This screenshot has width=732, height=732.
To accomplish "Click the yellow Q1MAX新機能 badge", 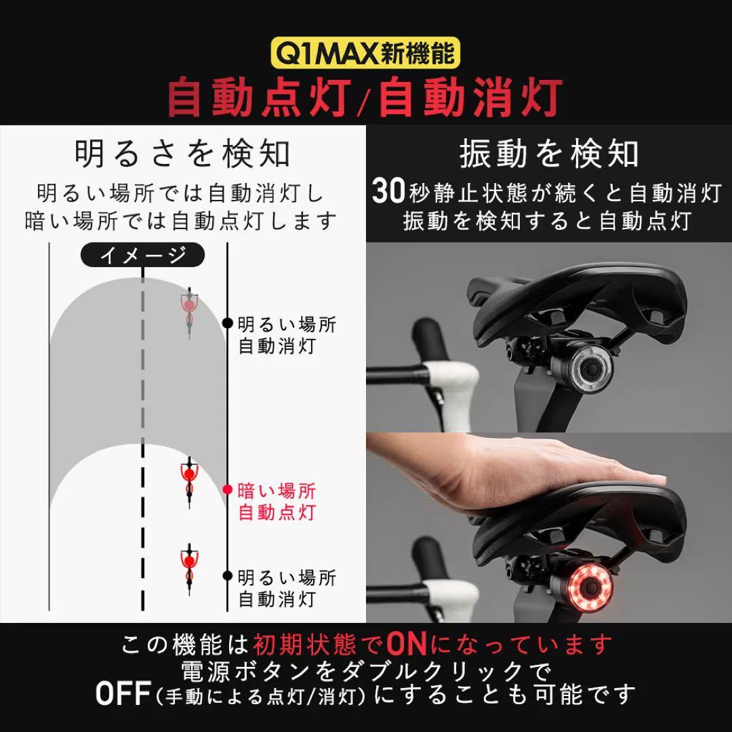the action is pyautogui.click(x=365, y=53).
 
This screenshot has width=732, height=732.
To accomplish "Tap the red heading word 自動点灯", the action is pyautogui.click(x=260, y=98).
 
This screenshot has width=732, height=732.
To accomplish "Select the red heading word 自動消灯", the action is pyautogui.click(x=470, y=98).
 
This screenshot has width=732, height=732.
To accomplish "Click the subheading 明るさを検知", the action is pyautogui.click(x=182, y=153).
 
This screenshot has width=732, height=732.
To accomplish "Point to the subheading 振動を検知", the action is pyautogui.click(x=549, y=153).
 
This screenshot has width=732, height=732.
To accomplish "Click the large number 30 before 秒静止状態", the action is pyautogui.click(x=388, y=191).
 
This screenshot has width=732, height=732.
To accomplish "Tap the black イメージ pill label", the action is pyautogui.click(x=143, y=255).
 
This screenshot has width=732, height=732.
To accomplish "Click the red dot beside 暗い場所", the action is pyautogui.click(x=227, y=490).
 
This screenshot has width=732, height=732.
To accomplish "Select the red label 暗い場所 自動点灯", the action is pyautogui.click(x=277, y=502).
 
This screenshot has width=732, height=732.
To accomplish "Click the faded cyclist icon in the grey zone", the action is pyautogui.click(x=189, y=311).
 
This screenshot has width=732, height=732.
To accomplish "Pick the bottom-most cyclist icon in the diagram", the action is pyautogui.click(x=189, y=568).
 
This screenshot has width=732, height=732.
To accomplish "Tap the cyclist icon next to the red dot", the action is pyautogui.click(x=189, y=483).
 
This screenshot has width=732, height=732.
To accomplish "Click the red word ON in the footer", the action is pyautogui.click(x=407, y=645).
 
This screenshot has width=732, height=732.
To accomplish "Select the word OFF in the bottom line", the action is pyautogui.click(x=123, y=694).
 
